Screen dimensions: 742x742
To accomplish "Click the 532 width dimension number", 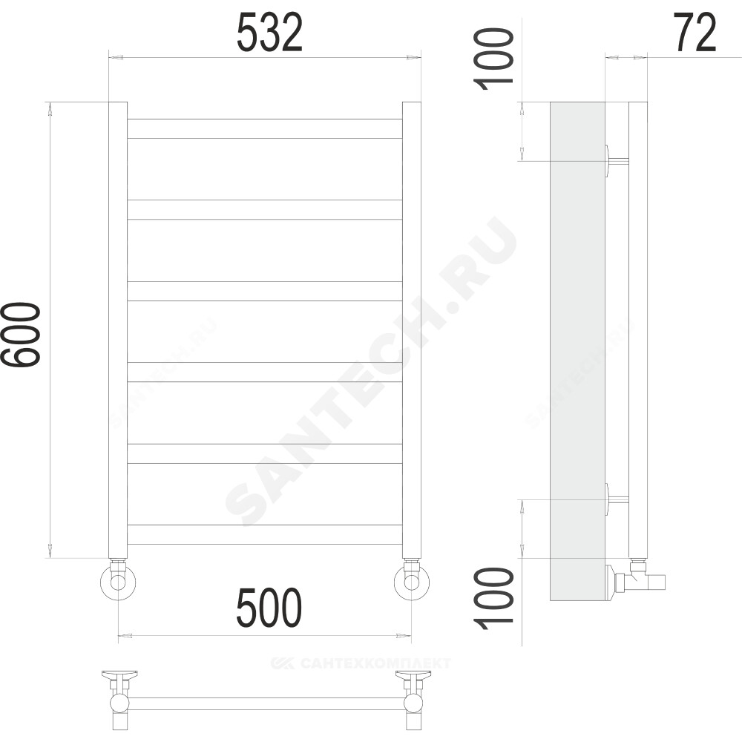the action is (x=269, y=33).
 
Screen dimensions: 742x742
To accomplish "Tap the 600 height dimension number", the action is (x=21, y=334).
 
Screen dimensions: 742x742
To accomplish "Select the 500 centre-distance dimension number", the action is (x=269, y=608).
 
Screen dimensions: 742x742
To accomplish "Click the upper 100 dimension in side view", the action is (x=494, y=59).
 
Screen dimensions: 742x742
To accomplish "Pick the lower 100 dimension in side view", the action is (x=494, y=598).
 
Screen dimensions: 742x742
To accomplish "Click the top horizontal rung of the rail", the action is (x=265, y=128).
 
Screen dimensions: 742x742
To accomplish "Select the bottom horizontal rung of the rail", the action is (x=265, y=535).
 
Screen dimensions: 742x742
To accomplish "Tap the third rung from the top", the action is (x=265, y=291).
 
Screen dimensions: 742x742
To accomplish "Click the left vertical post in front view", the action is (x=118, y=330).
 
